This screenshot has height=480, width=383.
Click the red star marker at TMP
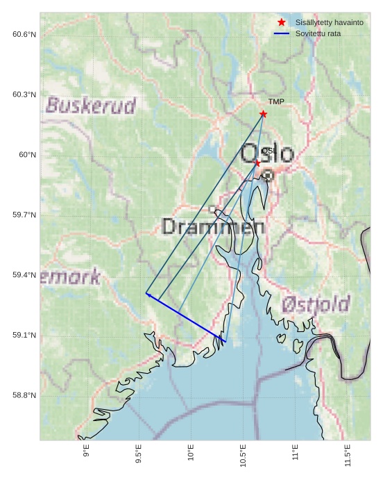(x=263, y=114)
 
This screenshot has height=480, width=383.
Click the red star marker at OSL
(x=257, y=163)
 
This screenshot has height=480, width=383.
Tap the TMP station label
(x=276, y=102)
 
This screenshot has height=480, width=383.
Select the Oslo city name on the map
(x=267, y=154)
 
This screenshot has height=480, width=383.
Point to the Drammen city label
(x=213, y=226)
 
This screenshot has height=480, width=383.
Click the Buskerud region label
(x=91, y=106)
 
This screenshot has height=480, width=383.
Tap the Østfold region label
(x=316, y=304)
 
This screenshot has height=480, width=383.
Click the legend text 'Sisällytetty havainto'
(x=329, y=22)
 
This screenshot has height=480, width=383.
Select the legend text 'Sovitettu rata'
(x=318, y=33)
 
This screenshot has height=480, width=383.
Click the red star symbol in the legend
(x=281, y=22)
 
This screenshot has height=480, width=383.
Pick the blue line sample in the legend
(x=281, y=33)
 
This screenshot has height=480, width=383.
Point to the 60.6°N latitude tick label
(x=24, y=34)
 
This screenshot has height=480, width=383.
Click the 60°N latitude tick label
(x=27, y=155)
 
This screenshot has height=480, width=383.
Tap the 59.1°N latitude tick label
(x=24, y=336)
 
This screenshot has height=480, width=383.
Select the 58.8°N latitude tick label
(x=24, y=396)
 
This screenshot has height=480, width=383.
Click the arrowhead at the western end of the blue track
(x=148, y=295)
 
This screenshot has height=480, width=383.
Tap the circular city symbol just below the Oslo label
(x=268, y=176)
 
